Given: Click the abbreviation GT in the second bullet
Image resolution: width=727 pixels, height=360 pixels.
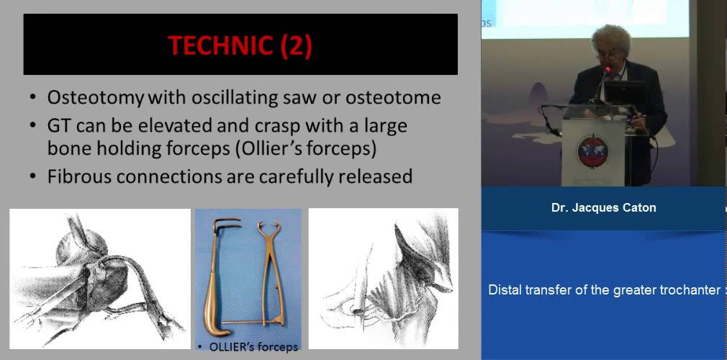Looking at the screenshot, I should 60,126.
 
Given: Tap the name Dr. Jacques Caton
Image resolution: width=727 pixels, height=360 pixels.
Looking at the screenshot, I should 603,208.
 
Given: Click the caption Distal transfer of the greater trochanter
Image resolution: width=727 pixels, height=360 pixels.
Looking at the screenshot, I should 604,289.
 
